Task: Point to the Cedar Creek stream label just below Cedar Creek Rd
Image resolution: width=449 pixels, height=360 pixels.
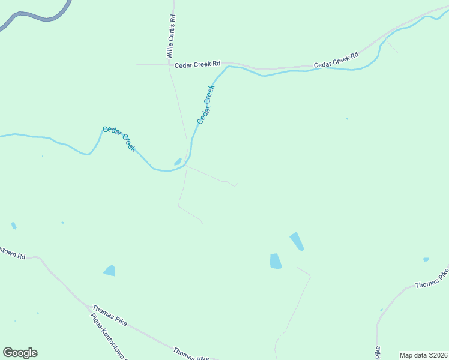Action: (x=206, y=104)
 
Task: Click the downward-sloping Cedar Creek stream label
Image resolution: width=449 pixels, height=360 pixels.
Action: (x=119, y=139)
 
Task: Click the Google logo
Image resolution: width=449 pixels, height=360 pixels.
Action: (x=20, y=353)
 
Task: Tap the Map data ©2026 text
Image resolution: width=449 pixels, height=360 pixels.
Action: (x=423, y=355)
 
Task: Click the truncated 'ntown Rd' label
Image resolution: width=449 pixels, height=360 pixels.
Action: (x=12, y=254)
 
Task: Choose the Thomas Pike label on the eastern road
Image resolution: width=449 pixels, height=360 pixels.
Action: (x=432, y=278)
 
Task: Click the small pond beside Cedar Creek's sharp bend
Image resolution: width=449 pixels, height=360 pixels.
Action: (x=178, y=161)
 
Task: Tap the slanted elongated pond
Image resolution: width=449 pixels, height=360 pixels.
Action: (x=297, y=241)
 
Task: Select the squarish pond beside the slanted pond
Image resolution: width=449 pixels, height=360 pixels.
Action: (x=276, y=261)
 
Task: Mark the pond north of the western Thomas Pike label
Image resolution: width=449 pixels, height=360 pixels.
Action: (x=109, y=271)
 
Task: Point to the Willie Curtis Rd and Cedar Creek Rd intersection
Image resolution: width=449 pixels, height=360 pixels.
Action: (x=169, y=64)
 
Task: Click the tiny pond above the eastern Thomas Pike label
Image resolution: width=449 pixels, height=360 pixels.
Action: (x=426, y=259)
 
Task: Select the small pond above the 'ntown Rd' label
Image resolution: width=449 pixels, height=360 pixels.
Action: (x=14, y=226)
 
